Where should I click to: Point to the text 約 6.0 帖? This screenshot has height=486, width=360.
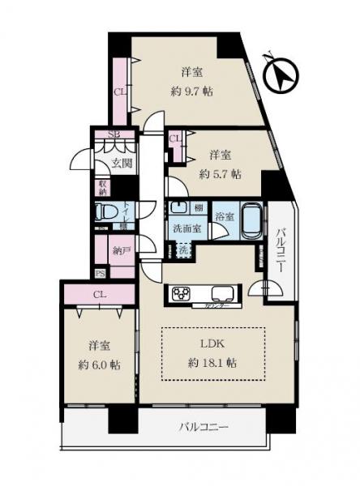coord(100,364)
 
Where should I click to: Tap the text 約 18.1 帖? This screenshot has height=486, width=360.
coord(214,362)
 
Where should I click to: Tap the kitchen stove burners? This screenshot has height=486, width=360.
coord(181,293)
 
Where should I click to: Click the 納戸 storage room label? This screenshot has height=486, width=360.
coord(122,251)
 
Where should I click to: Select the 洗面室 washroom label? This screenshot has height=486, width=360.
coord(186,228)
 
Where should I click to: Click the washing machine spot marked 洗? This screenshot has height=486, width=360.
coord(185,250)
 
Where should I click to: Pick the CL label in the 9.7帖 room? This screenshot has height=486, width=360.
coord(119,92)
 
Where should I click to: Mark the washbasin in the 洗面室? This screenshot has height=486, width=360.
coord(179,207)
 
